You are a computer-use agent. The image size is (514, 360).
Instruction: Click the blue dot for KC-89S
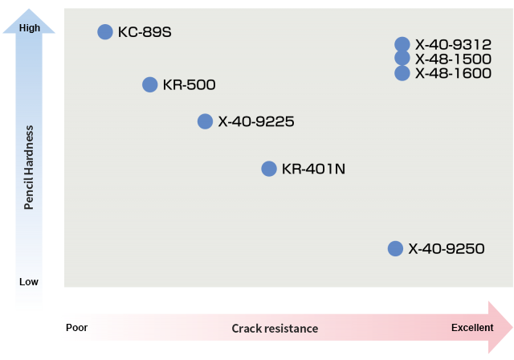point(104,31)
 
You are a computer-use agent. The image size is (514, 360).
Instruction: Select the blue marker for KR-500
point(149,84)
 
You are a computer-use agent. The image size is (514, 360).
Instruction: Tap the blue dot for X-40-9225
point(205,121)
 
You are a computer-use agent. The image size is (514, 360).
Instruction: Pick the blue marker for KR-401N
point(269,169)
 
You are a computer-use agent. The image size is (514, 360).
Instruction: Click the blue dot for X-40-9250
point(395,248)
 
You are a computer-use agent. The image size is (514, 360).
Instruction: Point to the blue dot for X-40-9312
point(402,44)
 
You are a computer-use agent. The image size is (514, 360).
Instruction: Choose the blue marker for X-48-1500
point(402,58)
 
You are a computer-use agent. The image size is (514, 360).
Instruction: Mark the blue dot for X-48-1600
point(402,73)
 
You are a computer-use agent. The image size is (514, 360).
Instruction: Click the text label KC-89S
point(145,32)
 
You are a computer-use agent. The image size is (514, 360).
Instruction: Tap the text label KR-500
point(189,85)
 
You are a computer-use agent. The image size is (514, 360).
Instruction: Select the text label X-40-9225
point(256,122)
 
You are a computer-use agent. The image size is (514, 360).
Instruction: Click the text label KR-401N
point(314,170)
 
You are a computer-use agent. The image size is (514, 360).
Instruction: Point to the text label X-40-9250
point(447,249)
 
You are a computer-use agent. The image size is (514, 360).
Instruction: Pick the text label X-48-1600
point(454,73)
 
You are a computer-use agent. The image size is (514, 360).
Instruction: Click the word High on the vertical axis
point(29,28)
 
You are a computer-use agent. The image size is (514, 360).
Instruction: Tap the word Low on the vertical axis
point(29,282)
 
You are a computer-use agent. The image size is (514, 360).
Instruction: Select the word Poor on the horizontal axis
point(77,328)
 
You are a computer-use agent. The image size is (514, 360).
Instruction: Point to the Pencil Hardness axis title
point(29,167)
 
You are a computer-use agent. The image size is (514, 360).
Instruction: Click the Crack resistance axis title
point(275,329)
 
